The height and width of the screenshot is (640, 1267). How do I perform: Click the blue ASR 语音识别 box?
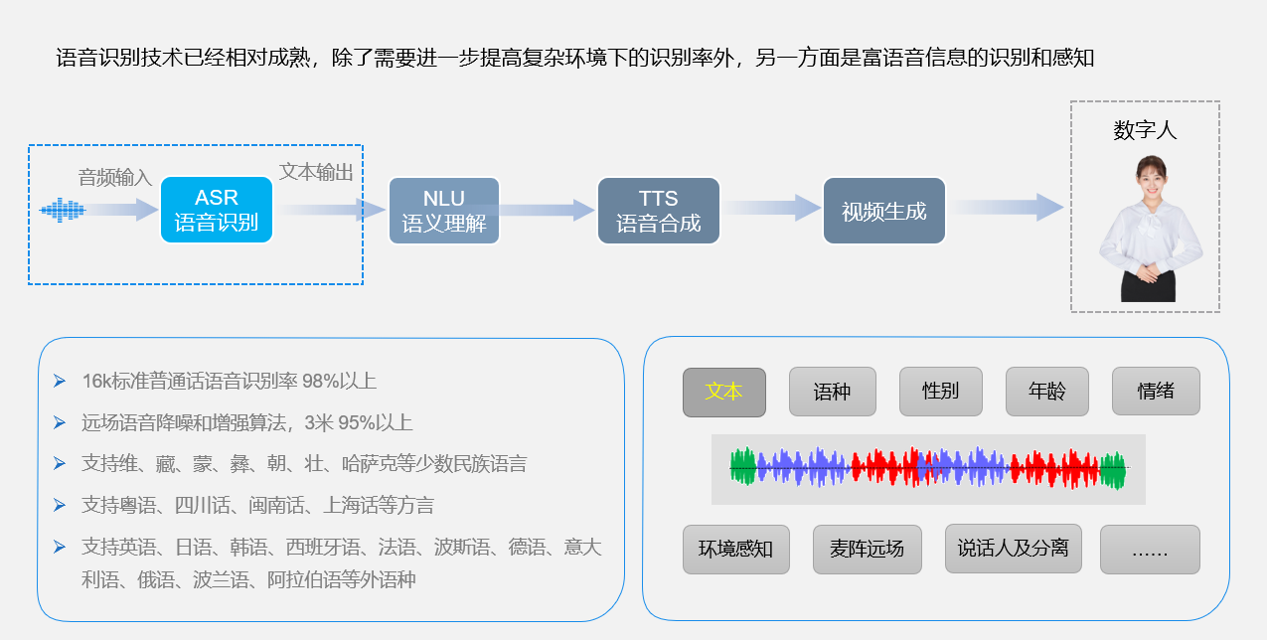[216, 210]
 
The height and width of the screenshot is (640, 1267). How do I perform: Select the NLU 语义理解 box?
[443, 211]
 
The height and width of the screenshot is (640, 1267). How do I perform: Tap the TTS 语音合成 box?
[657, 211]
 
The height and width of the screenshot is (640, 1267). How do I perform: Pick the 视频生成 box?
[883, 211]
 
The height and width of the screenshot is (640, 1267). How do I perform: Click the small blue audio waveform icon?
[63, 210]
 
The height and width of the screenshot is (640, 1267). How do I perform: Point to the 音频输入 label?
[115, 178]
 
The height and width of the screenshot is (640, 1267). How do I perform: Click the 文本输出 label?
[316, 172]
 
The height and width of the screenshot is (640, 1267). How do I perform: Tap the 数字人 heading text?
[1145, 130]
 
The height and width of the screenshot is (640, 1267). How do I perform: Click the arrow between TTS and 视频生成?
[771, 208]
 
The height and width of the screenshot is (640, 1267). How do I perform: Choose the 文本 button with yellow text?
[723, 392]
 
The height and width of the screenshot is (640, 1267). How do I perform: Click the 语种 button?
[832, 392]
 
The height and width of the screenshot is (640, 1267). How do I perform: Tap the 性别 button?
[940, 392]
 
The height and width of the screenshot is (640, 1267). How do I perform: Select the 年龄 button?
[1046, 392]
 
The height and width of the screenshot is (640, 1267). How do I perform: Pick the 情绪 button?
[1155, 392]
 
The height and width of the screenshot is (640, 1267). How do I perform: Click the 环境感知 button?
[735, 549]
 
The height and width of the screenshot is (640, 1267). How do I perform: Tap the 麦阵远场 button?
[867, 549]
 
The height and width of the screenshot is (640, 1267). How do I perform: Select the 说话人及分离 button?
[1013, 549]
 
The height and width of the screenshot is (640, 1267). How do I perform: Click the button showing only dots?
[1150, 549]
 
